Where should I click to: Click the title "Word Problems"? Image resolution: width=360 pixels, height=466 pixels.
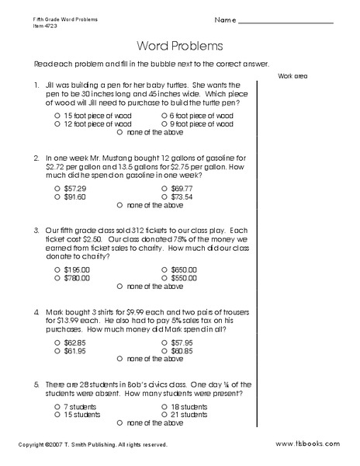(x=179, y=46)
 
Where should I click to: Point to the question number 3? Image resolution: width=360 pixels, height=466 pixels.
(x=36, y=230)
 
